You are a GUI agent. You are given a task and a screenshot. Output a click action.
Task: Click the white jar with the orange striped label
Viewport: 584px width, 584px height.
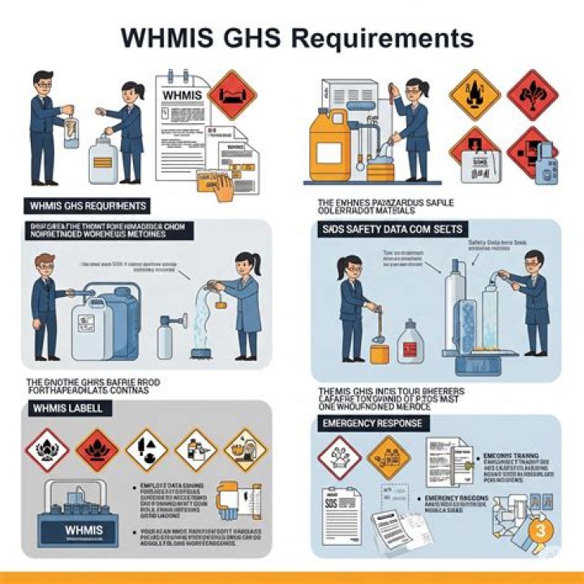pyautogui.click(x=103, y=163)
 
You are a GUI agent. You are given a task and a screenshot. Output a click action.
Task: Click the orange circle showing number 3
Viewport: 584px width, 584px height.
pyautogui.click(x=541, y=530)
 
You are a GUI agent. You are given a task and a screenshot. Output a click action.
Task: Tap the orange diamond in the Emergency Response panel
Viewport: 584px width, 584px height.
pyautogui.click(x=389, y=457)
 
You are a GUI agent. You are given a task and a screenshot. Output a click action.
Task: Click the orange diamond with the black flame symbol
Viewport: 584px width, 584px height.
pyautogui.click(x=474, y=95)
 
